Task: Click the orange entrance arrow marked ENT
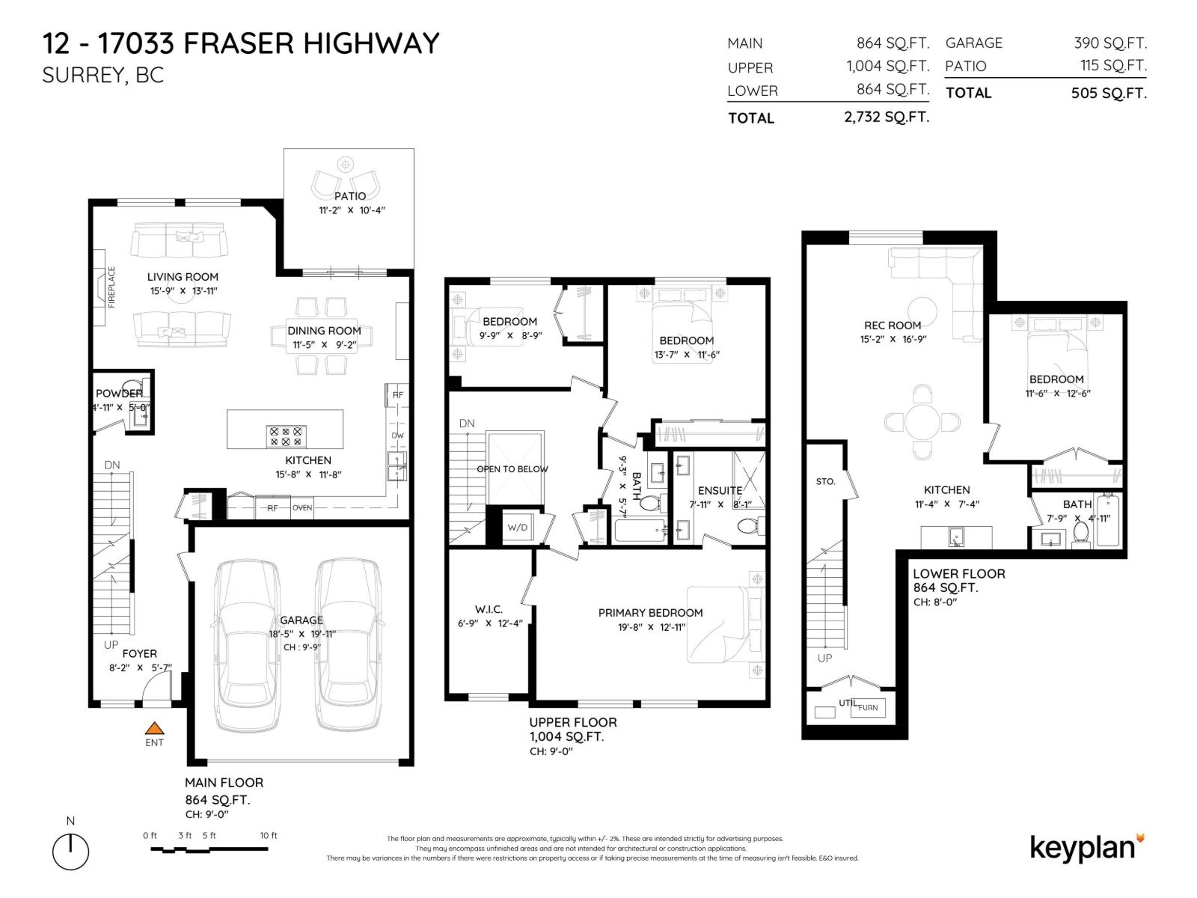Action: [154, 727]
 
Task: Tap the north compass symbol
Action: [70, 852]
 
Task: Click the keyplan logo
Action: [1086, 847]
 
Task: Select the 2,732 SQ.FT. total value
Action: [887, 117]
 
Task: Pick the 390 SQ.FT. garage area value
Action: [1109, 43]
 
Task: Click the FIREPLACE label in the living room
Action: [112, 287]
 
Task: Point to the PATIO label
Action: [350, 196]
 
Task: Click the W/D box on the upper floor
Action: [518, 527]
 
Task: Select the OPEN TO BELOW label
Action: [512, 469]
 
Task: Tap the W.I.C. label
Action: [489, 609]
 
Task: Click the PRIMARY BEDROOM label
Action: [650, 613]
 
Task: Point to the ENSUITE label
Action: [720, 491]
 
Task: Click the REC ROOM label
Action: [892, 326]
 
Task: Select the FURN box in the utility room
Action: [868, 707]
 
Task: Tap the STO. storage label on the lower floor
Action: [826, 481]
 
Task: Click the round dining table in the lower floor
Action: [922, 423]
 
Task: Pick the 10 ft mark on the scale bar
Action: [268, 836]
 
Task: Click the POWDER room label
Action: [119, 394]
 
